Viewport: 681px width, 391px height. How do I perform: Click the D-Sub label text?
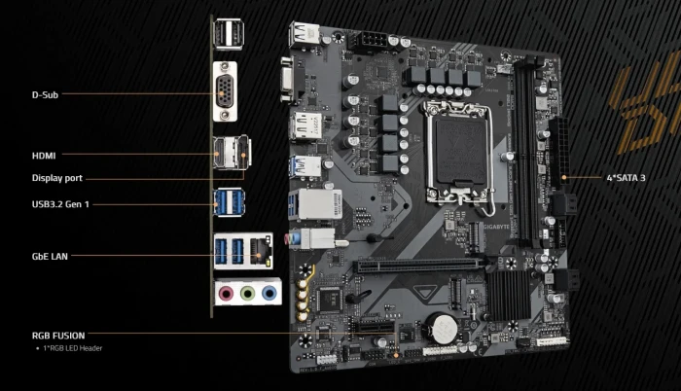coord(45,94)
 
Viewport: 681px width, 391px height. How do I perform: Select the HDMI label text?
coord(44,155)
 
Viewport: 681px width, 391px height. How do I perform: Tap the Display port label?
coord(57,178)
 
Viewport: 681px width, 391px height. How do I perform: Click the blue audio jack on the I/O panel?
coord(269,291)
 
